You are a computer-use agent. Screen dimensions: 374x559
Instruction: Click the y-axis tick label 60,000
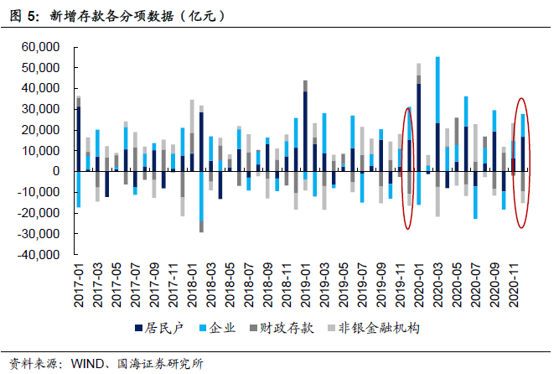pyautogui.click(x=43, y=46)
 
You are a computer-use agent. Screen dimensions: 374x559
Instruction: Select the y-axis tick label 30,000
pyautogui.click(x=43, y=109)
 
